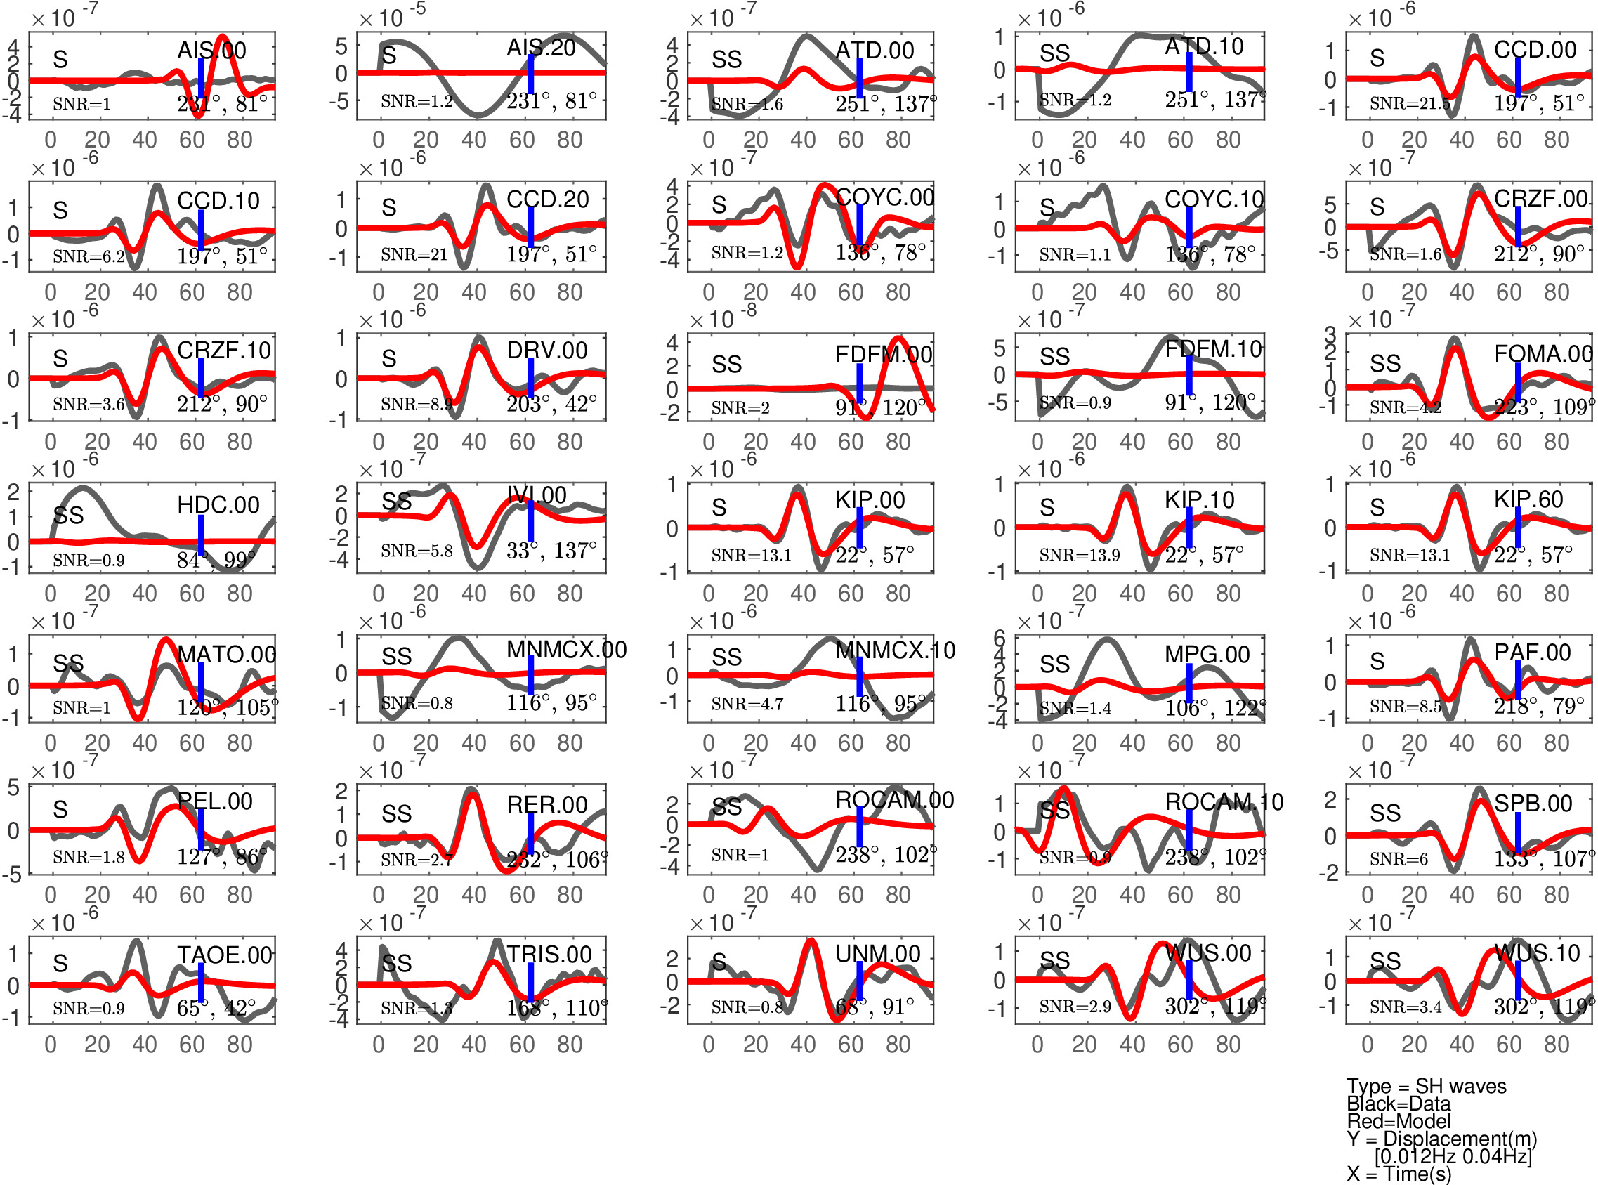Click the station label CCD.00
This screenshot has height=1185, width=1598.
point(1534,49)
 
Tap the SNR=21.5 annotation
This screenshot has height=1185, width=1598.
point(1408,103)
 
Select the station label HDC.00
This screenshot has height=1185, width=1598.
point(218,504)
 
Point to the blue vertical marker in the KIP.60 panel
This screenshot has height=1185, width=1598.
point(1518,527)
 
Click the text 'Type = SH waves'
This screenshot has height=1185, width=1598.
point(1426,1086)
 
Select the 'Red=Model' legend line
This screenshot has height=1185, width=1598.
point(1398,1121)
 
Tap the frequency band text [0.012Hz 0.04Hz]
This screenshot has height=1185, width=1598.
point(1453,1155)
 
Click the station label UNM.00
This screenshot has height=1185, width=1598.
point(877,953)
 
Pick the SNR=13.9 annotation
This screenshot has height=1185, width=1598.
point(1079,554)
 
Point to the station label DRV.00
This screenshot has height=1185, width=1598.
point(546,350)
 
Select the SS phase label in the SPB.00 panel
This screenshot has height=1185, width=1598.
point(1384,813)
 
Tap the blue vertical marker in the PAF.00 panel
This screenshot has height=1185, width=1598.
point(1518,679)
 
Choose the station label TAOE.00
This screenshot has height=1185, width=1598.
point(225,955)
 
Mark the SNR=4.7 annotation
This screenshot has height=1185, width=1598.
point(747,705)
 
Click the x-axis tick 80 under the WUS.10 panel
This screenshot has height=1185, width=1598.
point(1557,1045)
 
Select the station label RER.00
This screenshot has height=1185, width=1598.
point(546,805)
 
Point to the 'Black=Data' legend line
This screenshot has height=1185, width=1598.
point(1398,1104)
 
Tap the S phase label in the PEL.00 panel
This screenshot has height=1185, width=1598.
point(60,810)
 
